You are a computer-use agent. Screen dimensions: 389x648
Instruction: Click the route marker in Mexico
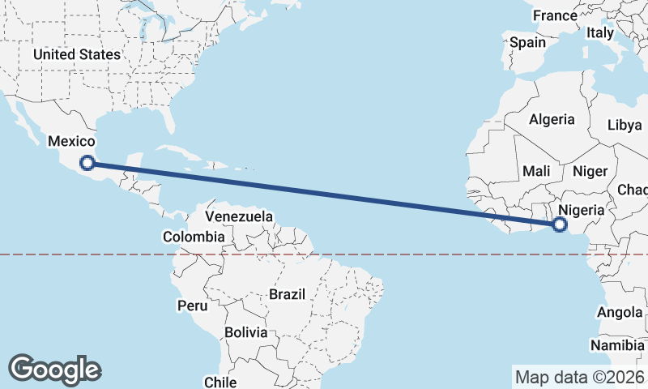pos(87,164)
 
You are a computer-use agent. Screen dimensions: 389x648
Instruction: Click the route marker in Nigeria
pos(559,224)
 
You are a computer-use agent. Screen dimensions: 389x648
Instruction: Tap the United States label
pos(77,54)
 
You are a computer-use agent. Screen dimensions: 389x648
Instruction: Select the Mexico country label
pos(72,142)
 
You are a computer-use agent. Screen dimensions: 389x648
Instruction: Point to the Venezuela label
pos(239,217)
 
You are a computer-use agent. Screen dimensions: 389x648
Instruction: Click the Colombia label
pos(194,237)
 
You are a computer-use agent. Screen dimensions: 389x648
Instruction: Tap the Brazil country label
pos(288,294)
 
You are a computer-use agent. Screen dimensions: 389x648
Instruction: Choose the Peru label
pos(193,306)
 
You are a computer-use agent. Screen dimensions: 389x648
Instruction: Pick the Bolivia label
pos(245,332)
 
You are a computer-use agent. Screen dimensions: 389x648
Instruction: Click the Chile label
pos(220,382)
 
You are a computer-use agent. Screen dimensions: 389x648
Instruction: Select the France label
pos(556,16)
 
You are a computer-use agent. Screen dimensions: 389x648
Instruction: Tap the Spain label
pos(527,42)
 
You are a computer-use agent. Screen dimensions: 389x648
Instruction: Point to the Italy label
pos(600,33)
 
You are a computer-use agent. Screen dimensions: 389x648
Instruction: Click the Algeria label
pos(552,120)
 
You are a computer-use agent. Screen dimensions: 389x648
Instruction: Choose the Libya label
pos(624,126)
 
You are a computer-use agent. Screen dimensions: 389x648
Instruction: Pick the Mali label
pos(536,171)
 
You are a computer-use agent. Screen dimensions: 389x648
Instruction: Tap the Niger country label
pos(589,171)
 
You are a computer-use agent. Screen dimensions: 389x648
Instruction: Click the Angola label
pos(620,313)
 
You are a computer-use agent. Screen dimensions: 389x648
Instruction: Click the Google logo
pos(55,370)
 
